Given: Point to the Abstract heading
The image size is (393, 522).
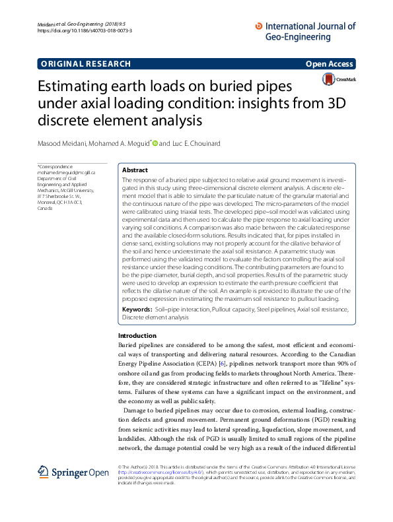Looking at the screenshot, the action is (135, 170).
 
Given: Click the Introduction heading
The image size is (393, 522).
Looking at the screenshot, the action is (137, 336).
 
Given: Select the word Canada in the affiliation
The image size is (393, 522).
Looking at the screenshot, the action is (45, 208).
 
